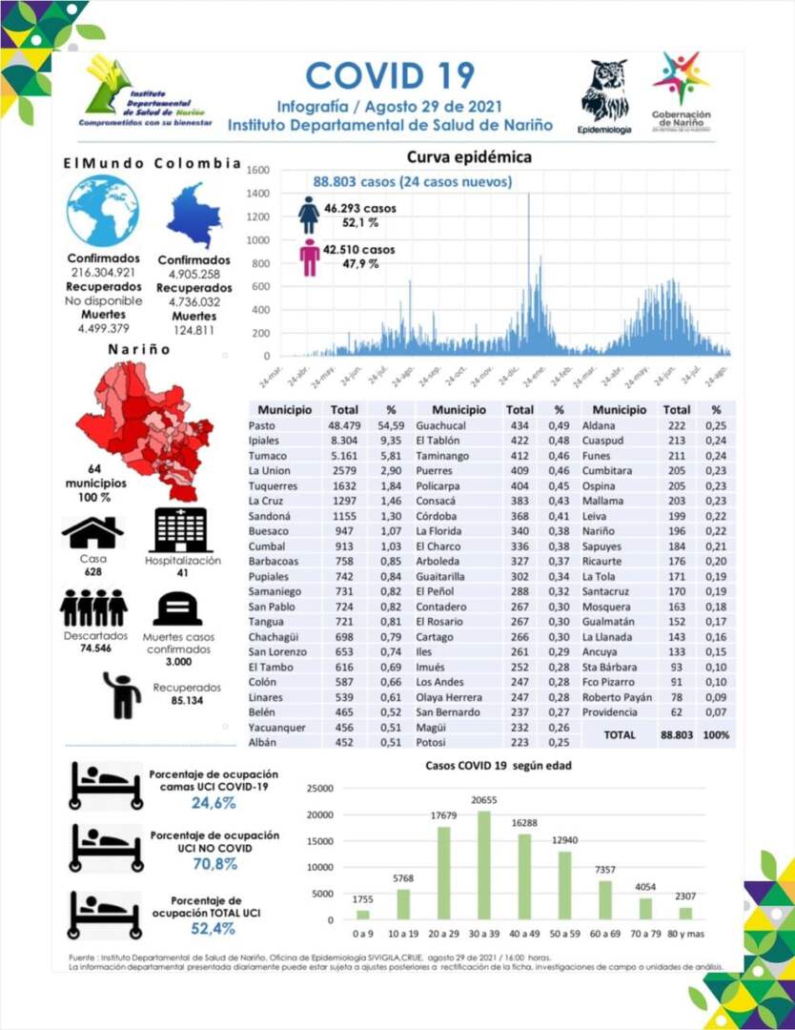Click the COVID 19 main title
coord(391,75)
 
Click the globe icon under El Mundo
coord(103,212)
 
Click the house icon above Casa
coord(92,532)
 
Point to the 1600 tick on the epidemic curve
coord(259,170)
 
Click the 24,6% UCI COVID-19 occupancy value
coord(214,803)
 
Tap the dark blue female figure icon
coord(309,215)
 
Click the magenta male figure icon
coord(309,257)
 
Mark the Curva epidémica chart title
coord(469,157)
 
